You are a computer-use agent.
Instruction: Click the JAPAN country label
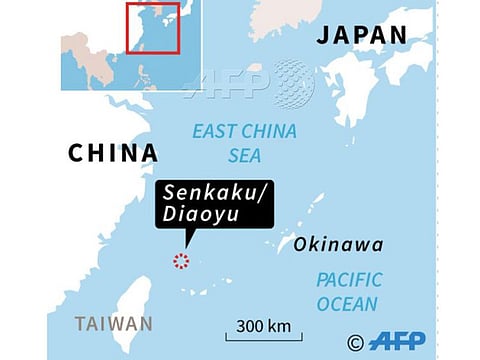362,34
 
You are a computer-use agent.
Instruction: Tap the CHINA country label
113,153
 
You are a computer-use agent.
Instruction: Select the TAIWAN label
114,324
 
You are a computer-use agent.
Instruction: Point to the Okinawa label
338,245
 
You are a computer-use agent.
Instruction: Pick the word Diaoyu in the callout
195,218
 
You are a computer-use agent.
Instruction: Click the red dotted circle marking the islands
181,262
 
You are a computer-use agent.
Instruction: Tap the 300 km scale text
264,326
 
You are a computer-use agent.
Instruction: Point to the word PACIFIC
349,281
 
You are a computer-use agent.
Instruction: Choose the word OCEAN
347,304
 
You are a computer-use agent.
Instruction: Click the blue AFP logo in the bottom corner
397,341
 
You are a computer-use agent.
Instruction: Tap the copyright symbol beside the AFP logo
355,342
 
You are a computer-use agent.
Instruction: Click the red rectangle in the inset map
152,27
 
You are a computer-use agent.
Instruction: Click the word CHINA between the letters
113,153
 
